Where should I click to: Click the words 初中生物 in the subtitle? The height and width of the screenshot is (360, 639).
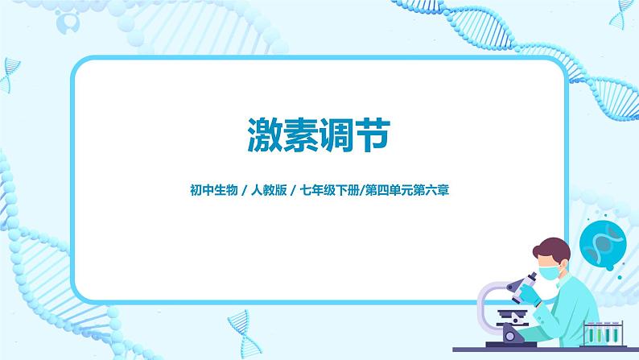206,191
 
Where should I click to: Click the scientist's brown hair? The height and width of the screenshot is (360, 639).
555,246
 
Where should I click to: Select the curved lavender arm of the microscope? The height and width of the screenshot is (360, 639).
486,302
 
